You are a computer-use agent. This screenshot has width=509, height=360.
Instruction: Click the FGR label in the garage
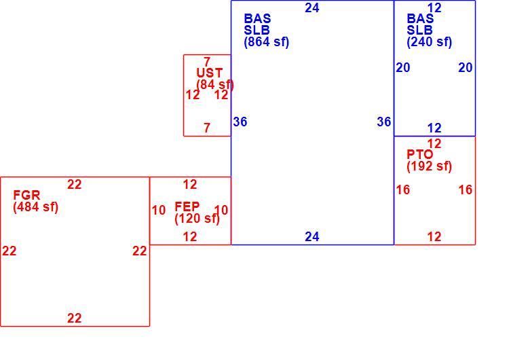(26, 195)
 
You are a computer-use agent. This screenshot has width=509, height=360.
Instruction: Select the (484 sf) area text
(36, 207)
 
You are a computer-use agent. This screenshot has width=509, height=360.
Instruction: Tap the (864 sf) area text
(267, 42)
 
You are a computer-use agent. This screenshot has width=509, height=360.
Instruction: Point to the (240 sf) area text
(429, 42)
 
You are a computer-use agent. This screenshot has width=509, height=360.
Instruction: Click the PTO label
(419, 154)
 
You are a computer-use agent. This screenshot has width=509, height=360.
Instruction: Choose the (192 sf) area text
(429, 166)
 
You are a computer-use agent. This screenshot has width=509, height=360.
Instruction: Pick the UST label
(210, 73)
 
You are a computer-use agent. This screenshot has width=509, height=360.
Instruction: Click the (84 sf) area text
(215, 84)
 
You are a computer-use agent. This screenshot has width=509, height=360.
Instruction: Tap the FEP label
(187, 206)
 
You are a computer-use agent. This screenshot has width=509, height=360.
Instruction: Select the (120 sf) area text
(197, 218)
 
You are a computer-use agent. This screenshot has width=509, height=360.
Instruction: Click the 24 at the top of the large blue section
(312, 7)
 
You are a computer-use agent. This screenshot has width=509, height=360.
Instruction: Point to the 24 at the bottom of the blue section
(312, 236)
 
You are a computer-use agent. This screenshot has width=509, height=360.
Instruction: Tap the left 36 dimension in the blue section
(240, 122)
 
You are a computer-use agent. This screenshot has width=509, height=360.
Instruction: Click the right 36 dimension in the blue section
(384, 122)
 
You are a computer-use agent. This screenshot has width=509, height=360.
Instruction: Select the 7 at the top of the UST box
(207, 61)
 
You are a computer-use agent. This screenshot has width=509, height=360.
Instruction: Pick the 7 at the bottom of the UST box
(207, 128)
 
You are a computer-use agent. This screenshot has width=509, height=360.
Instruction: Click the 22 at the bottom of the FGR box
(75, 318)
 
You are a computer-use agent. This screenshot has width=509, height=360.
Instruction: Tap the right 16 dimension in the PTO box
(465, 190)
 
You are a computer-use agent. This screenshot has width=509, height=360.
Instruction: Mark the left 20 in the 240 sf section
(403, 67)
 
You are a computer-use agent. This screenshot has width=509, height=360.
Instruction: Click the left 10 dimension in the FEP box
(158, 210)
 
